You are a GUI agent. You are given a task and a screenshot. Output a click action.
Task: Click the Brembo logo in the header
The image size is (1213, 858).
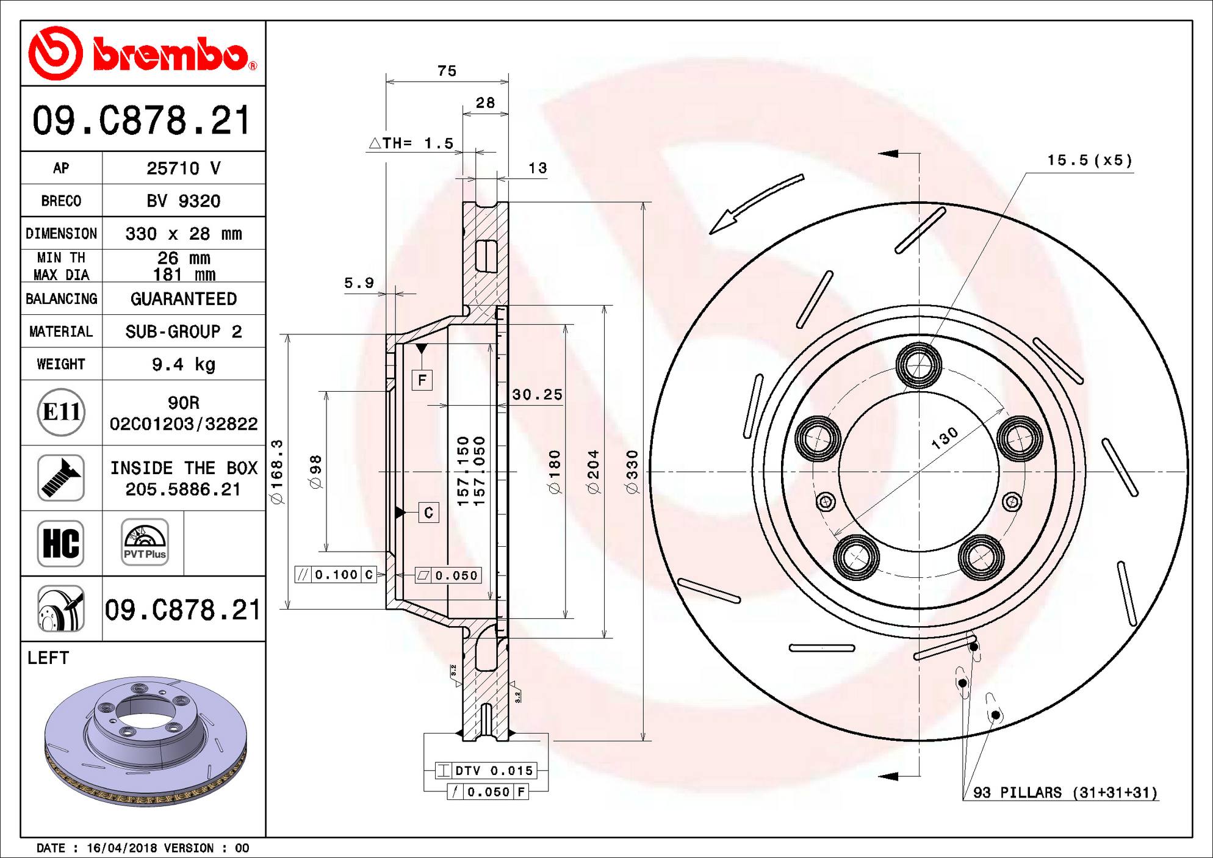click(142, 54)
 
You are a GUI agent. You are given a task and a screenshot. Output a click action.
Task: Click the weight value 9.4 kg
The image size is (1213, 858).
click(183, 364)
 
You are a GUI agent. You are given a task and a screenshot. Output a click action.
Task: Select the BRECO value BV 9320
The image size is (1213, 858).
click(183, 201)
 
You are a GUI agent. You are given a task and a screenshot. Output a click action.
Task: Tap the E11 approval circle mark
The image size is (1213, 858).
click(61, 412)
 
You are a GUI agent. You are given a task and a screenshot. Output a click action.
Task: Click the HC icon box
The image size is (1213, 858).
click(61, 543)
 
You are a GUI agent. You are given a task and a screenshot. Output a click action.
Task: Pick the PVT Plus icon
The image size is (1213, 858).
click(145, 543)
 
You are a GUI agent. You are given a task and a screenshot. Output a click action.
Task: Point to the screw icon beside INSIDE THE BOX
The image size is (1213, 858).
click(61, 478)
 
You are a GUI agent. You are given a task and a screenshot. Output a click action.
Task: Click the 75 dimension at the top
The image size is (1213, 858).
click(447, 71)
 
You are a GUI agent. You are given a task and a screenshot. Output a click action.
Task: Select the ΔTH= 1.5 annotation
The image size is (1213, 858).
click(411, 143)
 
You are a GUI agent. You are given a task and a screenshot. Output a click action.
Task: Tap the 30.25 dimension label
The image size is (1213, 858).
click(537, 395)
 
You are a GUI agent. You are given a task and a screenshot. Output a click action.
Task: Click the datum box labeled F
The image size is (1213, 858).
click(422, 380)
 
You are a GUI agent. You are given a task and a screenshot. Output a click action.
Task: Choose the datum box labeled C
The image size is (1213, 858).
click(428, 513)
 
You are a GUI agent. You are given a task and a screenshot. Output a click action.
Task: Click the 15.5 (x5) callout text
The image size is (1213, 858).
click(1089, 160)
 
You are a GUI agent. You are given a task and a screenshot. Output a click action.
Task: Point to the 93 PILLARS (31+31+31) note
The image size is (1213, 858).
click(1065, 793)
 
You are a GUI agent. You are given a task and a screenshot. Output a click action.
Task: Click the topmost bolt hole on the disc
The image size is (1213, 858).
click(918, 366)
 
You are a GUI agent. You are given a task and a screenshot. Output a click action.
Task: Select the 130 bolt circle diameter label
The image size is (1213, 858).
click(945, 439)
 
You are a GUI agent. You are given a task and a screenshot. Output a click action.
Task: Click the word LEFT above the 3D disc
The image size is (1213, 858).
click(48, 658)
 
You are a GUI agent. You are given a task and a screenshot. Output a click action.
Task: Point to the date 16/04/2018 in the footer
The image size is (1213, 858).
click(122, 848)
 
